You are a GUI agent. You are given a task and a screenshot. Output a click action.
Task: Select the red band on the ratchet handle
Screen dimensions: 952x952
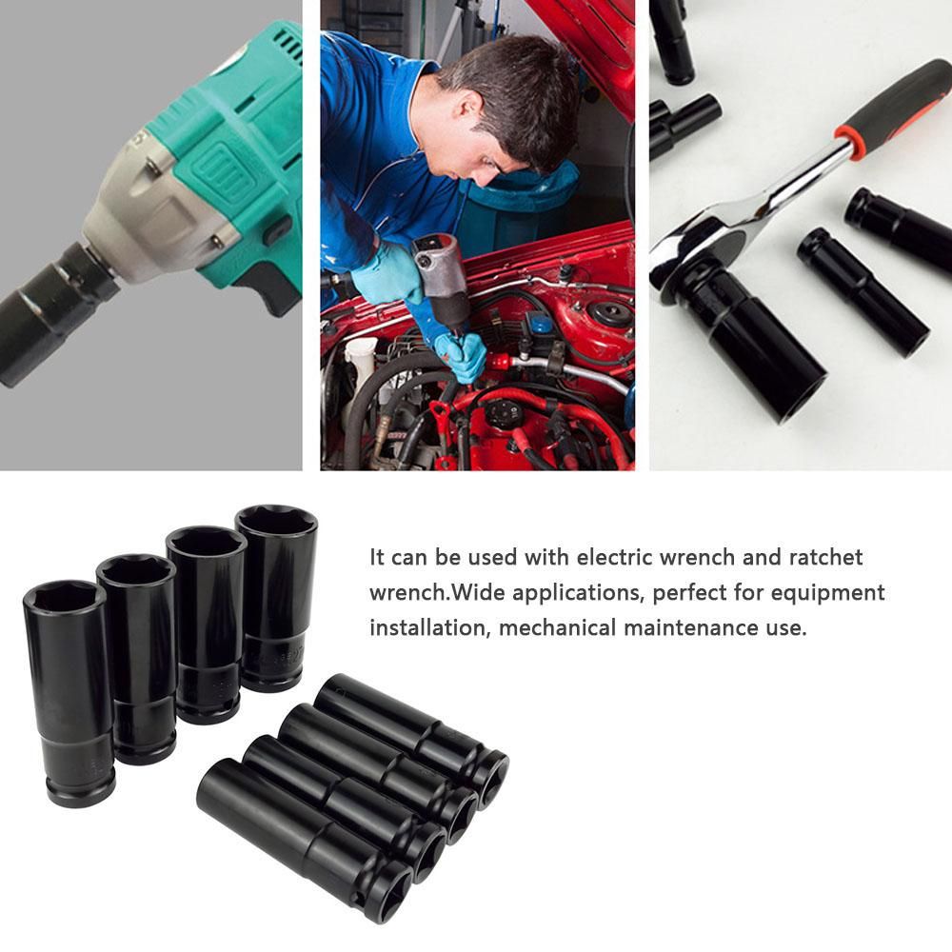click(850, 140)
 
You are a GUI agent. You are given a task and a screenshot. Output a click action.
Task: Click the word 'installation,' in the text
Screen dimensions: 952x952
click(429, 627)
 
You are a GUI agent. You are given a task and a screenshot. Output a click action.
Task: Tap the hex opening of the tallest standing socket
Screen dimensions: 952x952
click(276, 520)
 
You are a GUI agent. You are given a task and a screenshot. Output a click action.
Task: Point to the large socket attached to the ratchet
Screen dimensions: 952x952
click(753, 340)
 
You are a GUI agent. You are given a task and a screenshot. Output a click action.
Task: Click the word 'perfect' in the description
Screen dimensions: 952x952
click(688, 593)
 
